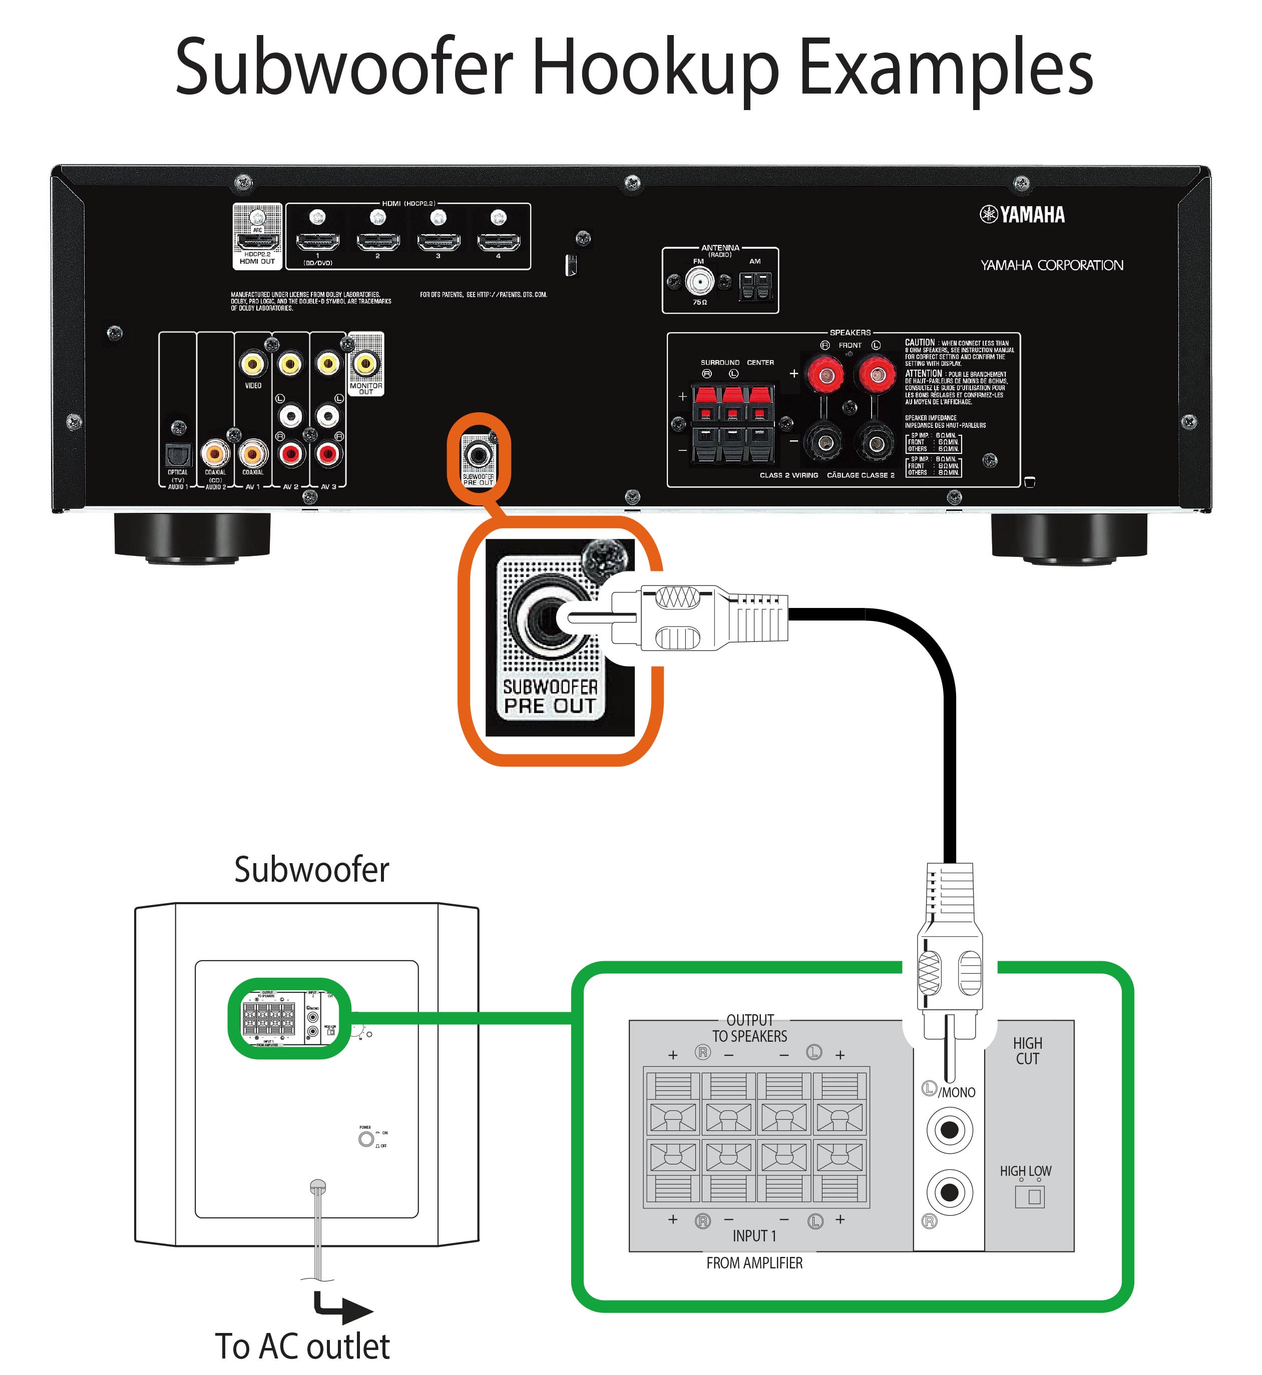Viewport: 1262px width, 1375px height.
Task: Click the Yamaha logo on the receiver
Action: tap(1022, 214)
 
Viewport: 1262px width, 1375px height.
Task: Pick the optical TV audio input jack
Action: tap(178, 454)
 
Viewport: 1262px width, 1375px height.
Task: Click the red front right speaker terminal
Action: tap(824, 374)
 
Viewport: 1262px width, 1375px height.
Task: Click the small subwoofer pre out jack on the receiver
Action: tap(478, 453)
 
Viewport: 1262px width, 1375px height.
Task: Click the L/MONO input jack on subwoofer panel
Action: tap(949, 1130)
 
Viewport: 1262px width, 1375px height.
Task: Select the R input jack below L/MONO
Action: tap(949, 1193)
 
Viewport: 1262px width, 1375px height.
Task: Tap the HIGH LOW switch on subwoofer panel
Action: tap(1030, 1196)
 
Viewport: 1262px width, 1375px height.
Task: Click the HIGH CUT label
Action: tap(1027, 1051)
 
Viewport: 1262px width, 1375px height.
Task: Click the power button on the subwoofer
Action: tap(366, 1139)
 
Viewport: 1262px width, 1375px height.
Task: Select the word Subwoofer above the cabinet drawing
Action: tap(311, 869)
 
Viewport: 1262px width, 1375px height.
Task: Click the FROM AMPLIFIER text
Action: tap(754, 1263)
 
